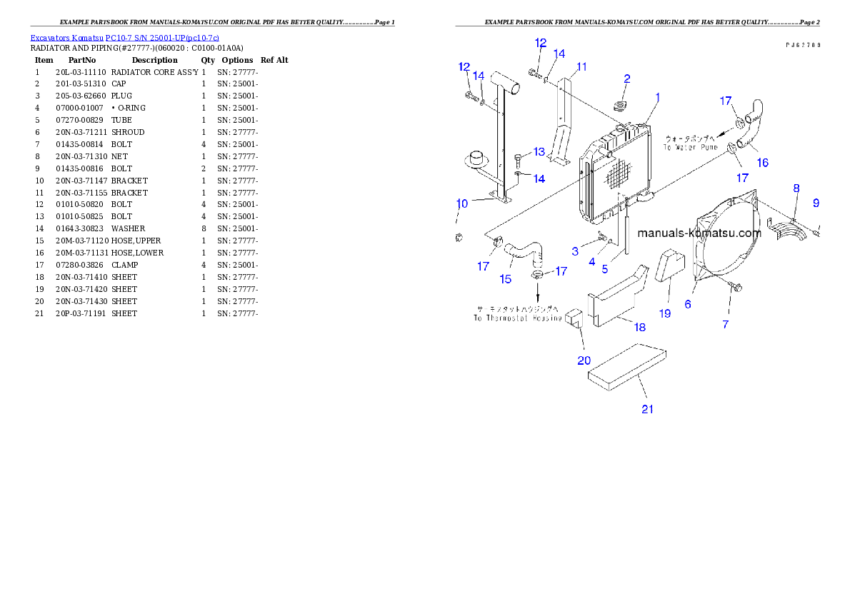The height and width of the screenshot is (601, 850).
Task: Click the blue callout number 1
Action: point(657,97)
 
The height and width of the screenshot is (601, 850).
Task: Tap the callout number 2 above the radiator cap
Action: point(626,79)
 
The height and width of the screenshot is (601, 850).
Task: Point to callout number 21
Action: point(647,409)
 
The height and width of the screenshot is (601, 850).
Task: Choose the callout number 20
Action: point(584,360)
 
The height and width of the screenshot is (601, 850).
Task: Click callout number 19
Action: point(664,313)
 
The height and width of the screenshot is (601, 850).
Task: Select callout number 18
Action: point(639,327)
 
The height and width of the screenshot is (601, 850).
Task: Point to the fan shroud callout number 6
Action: point(687,304)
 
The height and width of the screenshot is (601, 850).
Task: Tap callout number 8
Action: point(796,188)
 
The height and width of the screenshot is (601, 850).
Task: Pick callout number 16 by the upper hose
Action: point(762,163)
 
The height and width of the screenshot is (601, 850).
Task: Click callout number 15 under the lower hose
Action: point(506,279)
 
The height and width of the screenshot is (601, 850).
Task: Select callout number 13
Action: point(539,151)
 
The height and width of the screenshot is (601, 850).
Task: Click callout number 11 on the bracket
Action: point(581,67)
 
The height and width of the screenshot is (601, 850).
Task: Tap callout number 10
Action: point(461,204)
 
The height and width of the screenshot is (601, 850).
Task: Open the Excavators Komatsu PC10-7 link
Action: point(124,37)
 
